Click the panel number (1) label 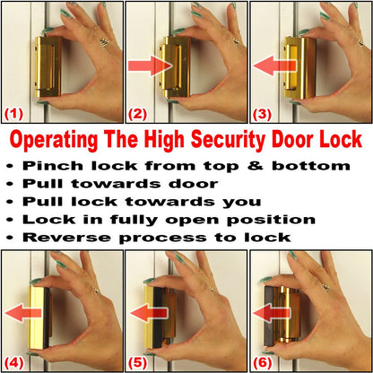pos(14,114)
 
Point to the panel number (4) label pos(14,364)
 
